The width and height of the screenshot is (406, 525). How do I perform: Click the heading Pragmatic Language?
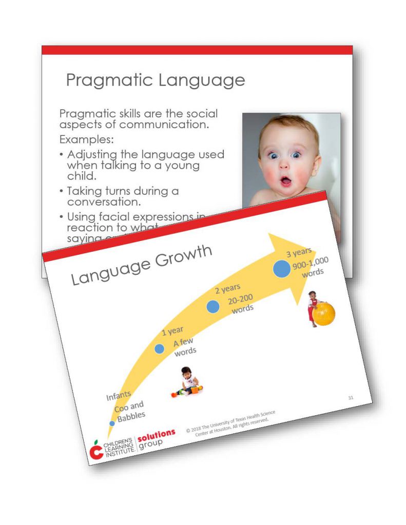pyautogui.click(x=156, y=80)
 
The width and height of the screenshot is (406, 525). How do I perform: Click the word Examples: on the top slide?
pyautogui.click(x=87, y=139)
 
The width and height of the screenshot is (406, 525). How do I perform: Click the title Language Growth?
pyautogui.click(x=141, y=265)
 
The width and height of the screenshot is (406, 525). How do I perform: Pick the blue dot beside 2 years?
pyautogui.click(x=213, y=307)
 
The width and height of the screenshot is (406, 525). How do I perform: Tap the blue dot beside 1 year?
pyautogui.click(x=160, y=349)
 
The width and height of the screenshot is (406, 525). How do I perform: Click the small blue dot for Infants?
pyautogui.click(x=112, y=423)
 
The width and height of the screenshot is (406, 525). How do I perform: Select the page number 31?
pyautogui.click(x=351, y=397)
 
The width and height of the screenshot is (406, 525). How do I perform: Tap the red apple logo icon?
pyautogui.click(x=96, y=450)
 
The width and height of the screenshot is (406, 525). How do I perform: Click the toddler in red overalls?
pyautogui.click(x=313, y=308)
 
